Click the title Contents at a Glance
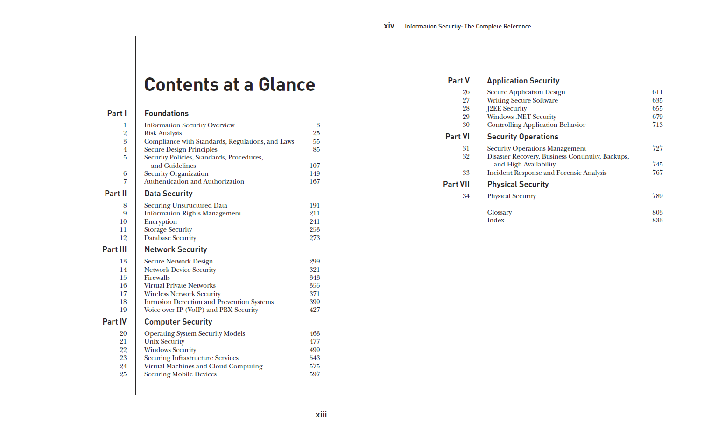pyautogui.click(x=229, y=85)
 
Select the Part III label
pyautogui.click(x=114, y=249)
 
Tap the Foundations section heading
pyautogui.click(x=166, y=113)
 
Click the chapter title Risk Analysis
pyautogui.click(x=163, y=133)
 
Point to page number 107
pyautogui.click(x=315, y=166)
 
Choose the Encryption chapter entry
pyautogui.click(x=160, y=221)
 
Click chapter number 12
pyautogui.click(x=123, y=238)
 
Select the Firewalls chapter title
pyautogui.click(x=157, y=277)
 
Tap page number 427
pyautogui.click(x=315, y=310)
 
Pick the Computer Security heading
pyautogui.click(x=178, y=322)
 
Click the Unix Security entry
pyautogui.click(x=164, y=341)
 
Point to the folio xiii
pyautogui.click(x=321, y=415)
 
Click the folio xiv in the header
pyautogui.click(x=389, y=26)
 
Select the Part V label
pyautogui.click(x=458, y=81)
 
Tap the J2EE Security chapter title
pyautogui.click(x=507, y=108)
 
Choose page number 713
pyautogui.click(x=657, y=125)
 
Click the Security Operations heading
pyautogui.click(x=522, y=137)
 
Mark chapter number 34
pyautogui.click(x=466, y=196)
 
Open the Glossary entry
pyautogui.click(x=499, y=212)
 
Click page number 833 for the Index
pyautogui.click(x=657, y=220)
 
